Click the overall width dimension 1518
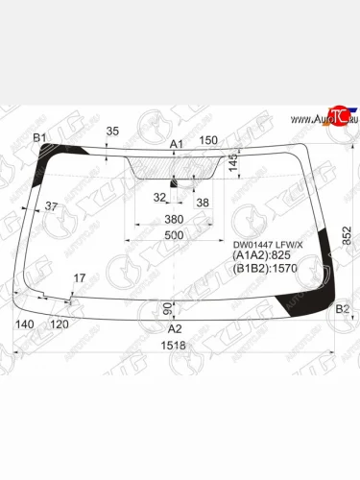(173, 345)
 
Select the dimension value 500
(173, 235)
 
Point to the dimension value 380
(173, 219)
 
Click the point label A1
(176, 144)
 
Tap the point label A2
(176, 327)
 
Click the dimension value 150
(207, 141)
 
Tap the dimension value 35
(112, 132)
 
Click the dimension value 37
(51, 206)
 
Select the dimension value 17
(79, 278)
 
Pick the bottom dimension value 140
(26, 324)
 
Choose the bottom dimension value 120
(59, 324)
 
